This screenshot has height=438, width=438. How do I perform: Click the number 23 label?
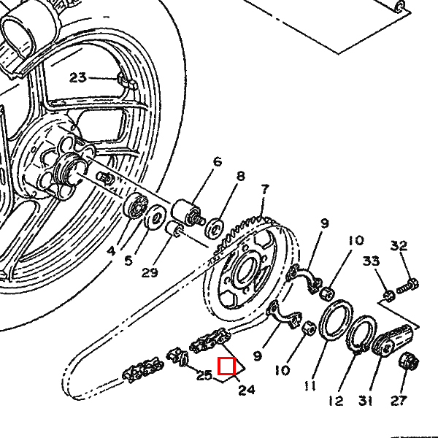click(78, 77)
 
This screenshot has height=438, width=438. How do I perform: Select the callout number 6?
click(217, 161)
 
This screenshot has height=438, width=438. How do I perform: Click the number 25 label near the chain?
click(204, 376)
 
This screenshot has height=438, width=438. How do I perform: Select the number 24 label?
click(247, 390)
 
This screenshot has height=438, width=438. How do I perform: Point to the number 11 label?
click(311, 386)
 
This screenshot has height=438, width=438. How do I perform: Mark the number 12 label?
click(335, 401)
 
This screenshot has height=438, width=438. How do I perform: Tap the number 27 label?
click(398, 401)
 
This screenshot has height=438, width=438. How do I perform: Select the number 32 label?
click(398, 245)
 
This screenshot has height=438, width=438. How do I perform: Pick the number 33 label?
click(371, 261)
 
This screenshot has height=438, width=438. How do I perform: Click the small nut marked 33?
click(389, 294)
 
